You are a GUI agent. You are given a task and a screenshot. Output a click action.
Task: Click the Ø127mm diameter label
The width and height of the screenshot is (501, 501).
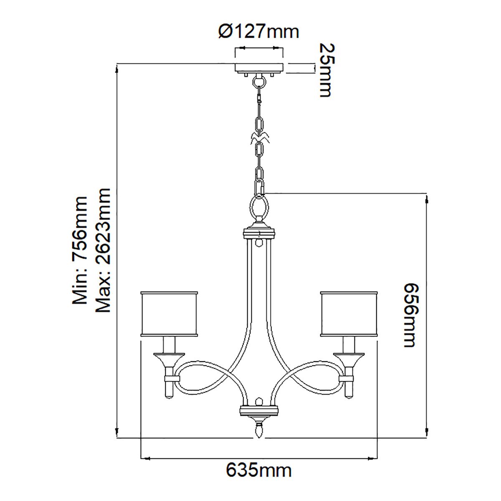[x=259, y=31]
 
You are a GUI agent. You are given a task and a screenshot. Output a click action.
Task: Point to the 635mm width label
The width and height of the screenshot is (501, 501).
[x=259, y=470]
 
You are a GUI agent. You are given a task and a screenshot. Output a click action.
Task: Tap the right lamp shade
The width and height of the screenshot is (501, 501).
[x=349, y=313]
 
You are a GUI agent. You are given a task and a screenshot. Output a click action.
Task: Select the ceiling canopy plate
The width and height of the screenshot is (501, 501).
[x=259, y=67]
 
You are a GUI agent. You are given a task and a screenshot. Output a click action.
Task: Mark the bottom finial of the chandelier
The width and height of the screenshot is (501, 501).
[x=259, y=430]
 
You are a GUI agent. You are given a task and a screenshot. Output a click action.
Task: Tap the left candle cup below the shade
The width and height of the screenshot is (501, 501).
[x=169, y=358]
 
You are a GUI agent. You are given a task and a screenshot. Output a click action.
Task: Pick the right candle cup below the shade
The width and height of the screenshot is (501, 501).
[x=349, y=358]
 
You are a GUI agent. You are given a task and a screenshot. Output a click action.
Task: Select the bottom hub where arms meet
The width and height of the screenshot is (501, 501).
[x=259, y=410]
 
